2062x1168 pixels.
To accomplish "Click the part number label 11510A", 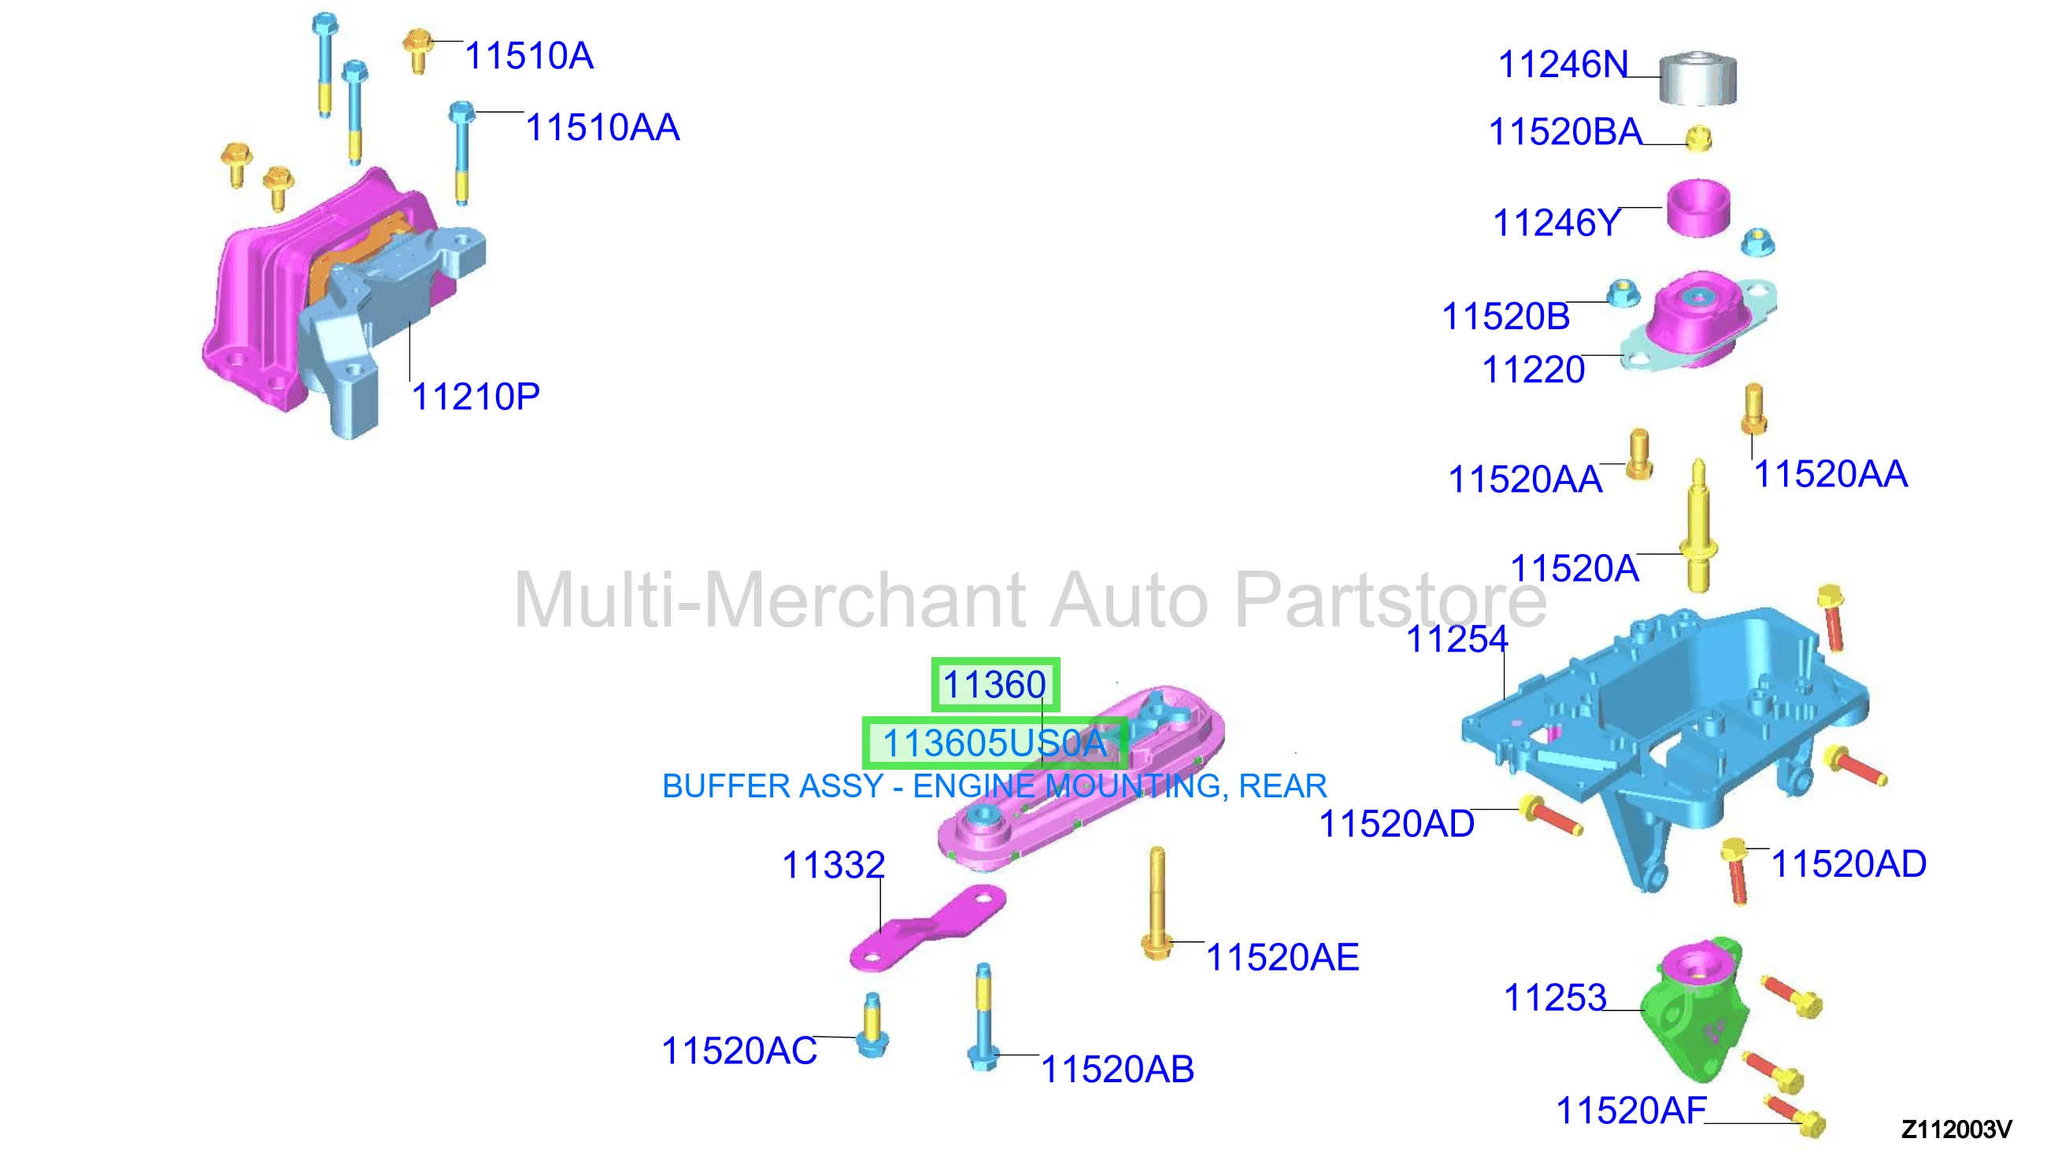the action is point(529,56).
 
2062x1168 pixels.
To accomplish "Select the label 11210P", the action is point(476,397).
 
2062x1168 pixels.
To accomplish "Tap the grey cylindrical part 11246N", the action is point(1697,78).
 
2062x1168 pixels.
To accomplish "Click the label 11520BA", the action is point(1565,132).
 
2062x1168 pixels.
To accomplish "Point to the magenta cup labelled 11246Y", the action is point(1697,209).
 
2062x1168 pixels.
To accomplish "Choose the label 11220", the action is point(1533,370).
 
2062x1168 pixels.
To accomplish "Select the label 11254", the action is point(1457,639).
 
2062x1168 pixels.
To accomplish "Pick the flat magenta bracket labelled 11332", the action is point(927,929).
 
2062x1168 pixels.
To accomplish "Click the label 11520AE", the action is point(1283,958).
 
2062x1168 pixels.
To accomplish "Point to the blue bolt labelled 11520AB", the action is point(983,1017).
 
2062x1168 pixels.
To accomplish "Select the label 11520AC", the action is point(739,1051).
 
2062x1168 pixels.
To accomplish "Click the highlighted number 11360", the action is point(995,685).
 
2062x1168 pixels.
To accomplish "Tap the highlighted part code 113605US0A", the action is point(995,744).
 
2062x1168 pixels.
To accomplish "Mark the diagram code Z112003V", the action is point(1956,1129).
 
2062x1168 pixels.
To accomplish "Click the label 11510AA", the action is point(602,128).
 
